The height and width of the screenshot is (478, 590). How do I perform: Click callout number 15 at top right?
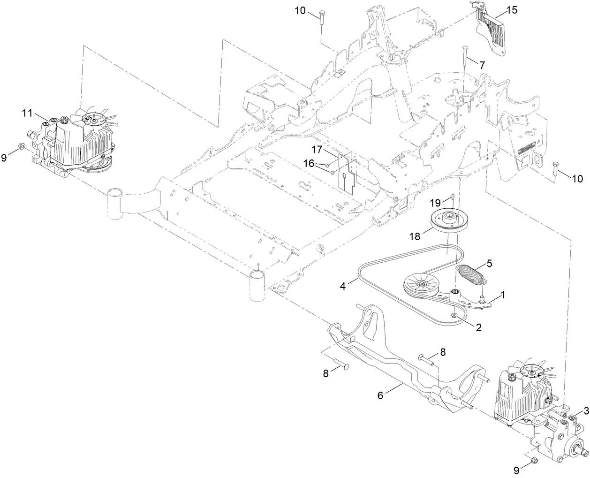click(512, 10)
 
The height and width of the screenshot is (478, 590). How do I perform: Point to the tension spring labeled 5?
click(472, 274)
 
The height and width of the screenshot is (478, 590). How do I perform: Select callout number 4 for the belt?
click(343, 286)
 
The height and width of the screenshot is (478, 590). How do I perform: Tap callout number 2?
click(479, 328)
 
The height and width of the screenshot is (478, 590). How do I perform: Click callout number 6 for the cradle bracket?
click(380, 395)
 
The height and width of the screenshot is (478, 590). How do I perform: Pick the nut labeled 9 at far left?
click(22, 147)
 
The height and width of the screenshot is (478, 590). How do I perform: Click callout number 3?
click(586, 411)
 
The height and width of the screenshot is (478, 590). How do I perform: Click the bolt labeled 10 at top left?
click(320, 19)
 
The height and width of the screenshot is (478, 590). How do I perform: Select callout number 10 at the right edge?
click(578, 178)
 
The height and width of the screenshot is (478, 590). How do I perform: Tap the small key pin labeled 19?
click(440, 196)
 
